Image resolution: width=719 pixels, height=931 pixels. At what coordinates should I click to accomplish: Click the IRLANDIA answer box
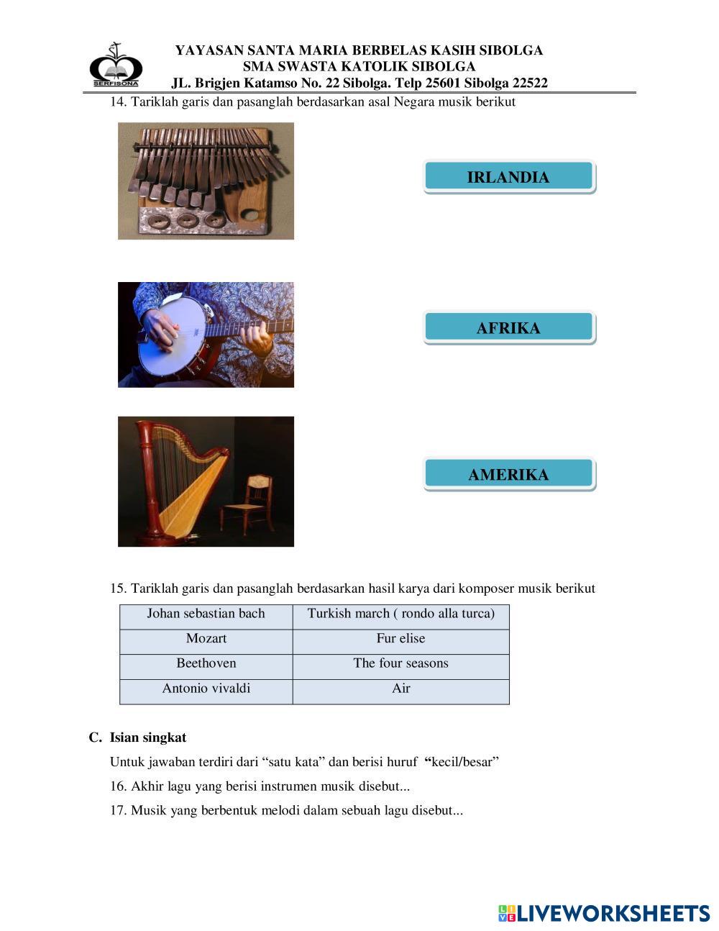click(x=508, y=177)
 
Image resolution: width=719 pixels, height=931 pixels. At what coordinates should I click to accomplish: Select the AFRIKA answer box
click(x=508, y=328)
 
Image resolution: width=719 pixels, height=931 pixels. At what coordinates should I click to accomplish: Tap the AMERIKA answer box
click(x=508, y=474)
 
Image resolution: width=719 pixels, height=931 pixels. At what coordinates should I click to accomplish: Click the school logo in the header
click(x=115, y=66)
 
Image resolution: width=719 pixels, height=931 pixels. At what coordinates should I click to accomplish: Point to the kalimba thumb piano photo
click(x=206, y=181)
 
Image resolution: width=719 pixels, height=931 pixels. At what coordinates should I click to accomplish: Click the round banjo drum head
click(x=171, y=336)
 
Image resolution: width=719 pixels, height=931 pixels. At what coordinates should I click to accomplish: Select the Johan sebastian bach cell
click(x=206, y=614)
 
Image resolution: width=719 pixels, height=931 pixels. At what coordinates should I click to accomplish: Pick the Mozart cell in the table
click(x=206, y=639)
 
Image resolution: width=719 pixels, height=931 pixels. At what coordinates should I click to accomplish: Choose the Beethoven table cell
click(x=206, y=663)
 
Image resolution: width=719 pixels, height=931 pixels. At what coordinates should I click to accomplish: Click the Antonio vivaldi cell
click(x=206, y=689)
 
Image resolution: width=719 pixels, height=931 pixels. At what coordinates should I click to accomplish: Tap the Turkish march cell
click(x=401, y=614)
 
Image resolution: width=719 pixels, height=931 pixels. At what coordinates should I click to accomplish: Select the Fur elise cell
click(x=401, y=639)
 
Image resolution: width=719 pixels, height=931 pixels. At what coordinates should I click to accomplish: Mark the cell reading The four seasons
click(x=401, y=663)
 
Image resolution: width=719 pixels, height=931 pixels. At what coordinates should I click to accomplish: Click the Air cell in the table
click(x=401, y=689)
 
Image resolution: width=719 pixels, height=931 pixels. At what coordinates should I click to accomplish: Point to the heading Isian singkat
click(x=147, y=737)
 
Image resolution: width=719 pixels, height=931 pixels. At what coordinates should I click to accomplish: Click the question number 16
click(x=119, y=786)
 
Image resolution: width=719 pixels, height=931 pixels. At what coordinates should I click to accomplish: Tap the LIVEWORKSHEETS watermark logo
click(x=604, y=914)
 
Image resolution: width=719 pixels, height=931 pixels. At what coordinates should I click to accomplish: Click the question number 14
click(x=119, y=102)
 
